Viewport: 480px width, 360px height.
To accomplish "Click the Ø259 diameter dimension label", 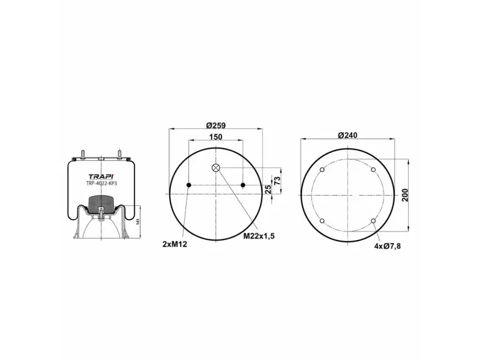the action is tap(216, 125).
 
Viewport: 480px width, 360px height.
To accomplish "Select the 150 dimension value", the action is tap(216, 137).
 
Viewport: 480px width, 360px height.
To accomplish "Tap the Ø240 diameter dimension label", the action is tap(347, 135).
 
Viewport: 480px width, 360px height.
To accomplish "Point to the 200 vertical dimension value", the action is tap(406, 195).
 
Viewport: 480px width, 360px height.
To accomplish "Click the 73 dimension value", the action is tap(277, 181).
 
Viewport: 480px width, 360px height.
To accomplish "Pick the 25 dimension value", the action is tap(268, 189).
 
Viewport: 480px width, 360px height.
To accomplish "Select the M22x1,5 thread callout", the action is tap(259, 236).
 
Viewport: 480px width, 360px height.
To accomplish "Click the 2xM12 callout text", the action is tap(175, 244).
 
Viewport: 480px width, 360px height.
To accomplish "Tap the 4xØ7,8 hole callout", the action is tap(387, 246).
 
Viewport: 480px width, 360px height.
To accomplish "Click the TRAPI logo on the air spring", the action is tap(101, 176).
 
